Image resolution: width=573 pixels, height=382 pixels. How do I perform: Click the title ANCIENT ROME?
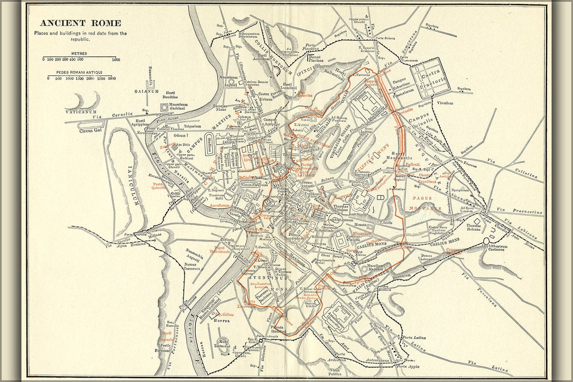point(80,23)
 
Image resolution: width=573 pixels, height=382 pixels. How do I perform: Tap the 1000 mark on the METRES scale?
point(116,60)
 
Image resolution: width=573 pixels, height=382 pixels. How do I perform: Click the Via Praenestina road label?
point(514,210)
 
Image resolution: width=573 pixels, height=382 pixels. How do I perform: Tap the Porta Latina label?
point(413,338)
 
